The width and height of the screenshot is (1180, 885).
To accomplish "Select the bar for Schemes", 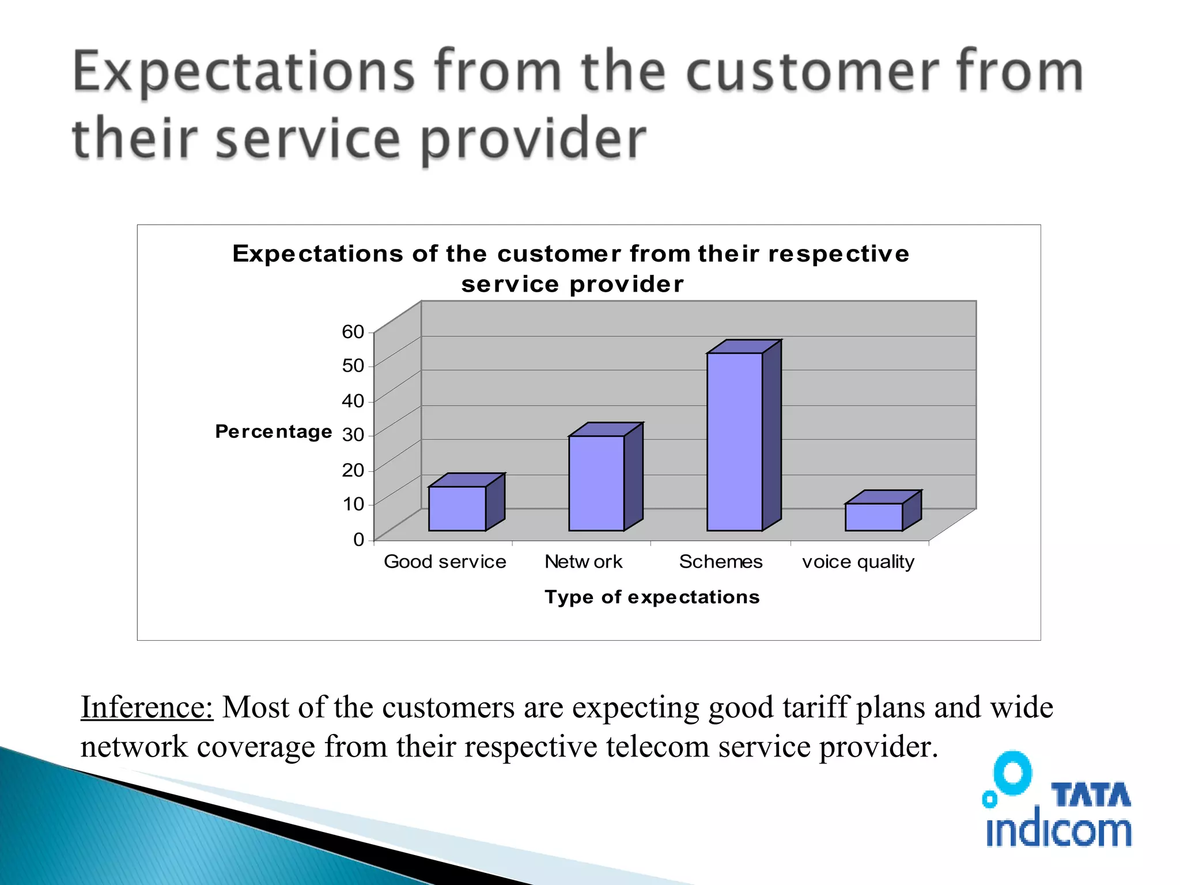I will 735,441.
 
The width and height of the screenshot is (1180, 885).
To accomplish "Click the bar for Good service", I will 457,508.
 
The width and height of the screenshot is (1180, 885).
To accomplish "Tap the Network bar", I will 596,483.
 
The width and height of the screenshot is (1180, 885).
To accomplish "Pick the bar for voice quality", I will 873,517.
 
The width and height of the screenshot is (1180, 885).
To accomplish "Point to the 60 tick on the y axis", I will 353,332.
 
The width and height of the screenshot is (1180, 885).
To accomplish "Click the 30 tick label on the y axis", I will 353,434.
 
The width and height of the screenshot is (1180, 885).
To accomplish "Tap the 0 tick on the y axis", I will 358,539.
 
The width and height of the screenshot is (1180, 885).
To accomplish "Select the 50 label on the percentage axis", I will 353,365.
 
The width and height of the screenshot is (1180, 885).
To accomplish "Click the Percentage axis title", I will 273,432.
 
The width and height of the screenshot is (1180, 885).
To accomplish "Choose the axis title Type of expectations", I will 652,597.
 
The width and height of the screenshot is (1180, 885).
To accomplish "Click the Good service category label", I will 445,562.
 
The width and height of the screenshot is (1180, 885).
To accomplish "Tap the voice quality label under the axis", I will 858,562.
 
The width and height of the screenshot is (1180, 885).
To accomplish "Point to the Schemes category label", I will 720,562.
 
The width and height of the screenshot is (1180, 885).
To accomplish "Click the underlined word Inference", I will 146,707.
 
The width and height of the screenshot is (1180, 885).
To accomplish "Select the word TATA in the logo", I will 1091,795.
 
